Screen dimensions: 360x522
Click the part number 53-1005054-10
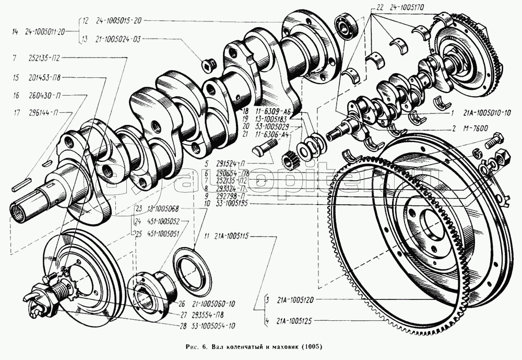[x=212, y=325]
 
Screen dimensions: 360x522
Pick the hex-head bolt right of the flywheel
[x=493, y=140]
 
